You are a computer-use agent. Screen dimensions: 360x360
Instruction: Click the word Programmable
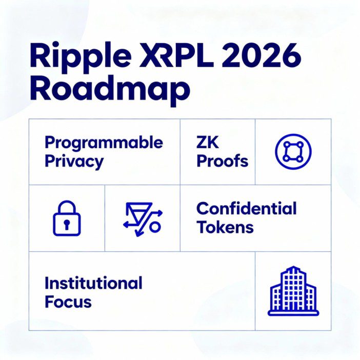(x=104, y=143)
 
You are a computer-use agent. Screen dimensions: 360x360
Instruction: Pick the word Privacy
(x=74, y=161)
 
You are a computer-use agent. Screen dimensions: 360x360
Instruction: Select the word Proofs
(x=222, y=161)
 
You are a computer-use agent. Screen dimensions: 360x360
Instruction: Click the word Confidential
(x=246, y=209)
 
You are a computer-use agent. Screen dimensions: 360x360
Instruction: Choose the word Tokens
(x=225, y=227)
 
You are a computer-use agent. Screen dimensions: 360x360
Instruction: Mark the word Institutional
(x=93, y=283)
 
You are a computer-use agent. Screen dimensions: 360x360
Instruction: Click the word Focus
(x=68, y=301)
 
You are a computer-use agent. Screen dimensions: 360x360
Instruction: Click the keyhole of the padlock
(x=67, y=225)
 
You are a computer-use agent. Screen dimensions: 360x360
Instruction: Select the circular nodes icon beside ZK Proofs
(x=293, y=152)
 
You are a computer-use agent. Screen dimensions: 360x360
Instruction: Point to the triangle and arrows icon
(x=143, y=219)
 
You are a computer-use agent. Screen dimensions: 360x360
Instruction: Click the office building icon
(x=293, y=290)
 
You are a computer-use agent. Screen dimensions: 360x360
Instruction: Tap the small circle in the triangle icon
(x=155, y=226)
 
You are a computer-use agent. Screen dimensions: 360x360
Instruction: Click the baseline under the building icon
(x=293, y=312)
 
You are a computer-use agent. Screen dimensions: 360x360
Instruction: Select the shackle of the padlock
(x=67, y=208)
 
